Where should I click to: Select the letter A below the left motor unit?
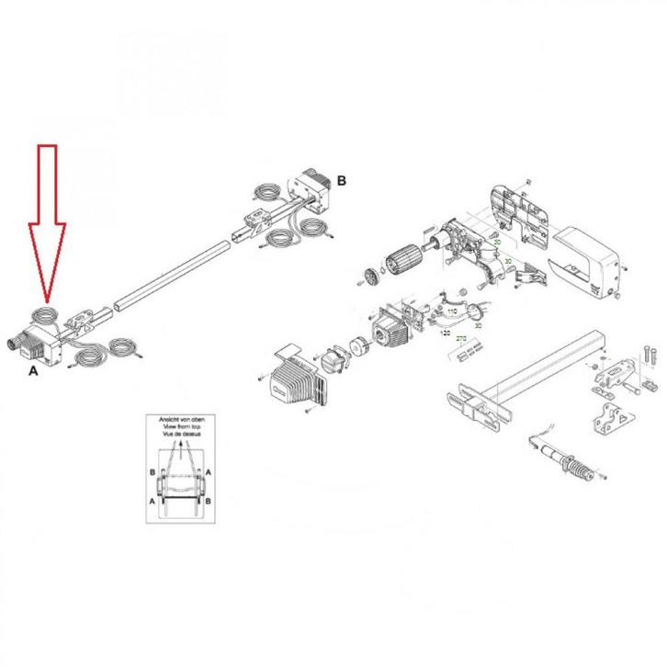[34, 371]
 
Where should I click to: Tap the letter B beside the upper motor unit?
[342, 181]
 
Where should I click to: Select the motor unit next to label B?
[312, 192]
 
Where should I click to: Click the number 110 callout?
[451, 312]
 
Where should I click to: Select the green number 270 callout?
[461, 339]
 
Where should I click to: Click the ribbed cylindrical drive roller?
[401, 260]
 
